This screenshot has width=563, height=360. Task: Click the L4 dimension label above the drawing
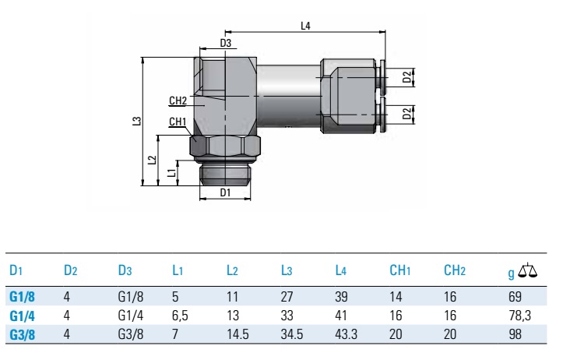[x=305, y=26]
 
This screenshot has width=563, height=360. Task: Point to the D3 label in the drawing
[x=226, y=43]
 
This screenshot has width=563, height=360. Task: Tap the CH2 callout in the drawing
[x=178, y=101]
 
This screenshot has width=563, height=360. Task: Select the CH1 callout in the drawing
[x=178, y=122]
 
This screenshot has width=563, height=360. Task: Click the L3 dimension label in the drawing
[x=137, y=121]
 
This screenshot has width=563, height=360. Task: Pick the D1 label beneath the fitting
[x=225, y=192]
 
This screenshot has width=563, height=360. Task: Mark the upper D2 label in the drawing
[x=406, y=77]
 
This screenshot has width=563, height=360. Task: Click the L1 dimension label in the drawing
[x=172, y=173]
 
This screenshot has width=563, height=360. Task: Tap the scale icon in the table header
[x=528, y=270]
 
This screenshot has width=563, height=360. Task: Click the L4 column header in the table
[x=340, y=270]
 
